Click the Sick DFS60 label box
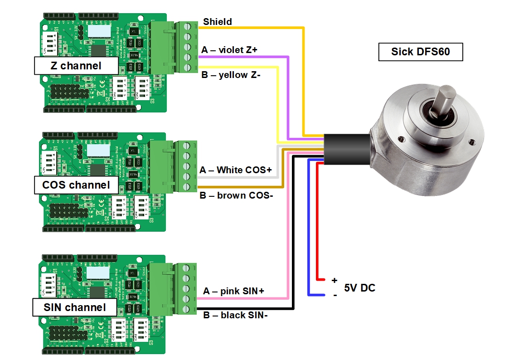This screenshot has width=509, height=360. coord(420,52)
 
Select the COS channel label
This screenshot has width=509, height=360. coord(76,185)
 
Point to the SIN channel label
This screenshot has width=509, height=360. coord(74,307)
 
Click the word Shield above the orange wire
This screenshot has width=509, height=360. coord(218,22)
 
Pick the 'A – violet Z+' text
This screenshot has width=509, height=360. coord(229,50)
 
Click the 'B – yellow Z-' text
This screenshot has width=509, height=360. coord(231,75)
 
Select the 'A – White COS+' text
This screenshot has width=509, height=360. coord(235,170)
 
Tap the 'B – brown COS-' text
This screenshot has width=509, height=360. coord(236,195)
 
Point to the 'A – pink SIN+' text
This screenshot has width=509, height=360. coord(233,291)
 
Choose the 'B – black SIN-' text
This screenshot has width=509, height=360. coord(235,315)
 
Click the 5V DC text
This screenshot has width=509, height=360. coord(359,288)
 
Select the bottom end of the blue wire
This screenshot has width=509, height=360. coord(311,295)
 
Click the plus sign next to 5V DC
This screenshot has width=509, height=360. coord(334,281)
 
